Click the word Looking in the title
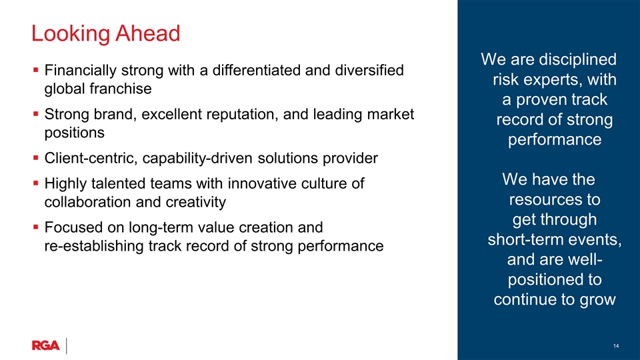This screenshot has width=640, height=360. [70, 34]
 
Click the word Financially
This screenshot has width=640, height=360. [81, 71]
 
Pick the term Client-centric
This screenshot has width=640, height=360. [91, 158]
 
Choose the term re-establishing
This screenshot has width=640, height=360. [94, 246]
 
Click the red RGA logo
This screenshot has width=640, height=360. [46, 345]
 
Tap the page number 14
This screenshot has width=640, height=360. [616, 346]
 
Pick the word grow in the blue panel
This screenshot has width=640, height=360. [597, 300]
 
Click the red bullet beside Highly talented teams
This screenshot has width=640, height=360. [36, 184]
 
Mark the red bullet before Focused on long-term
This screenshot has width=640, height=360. [36, 227]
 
